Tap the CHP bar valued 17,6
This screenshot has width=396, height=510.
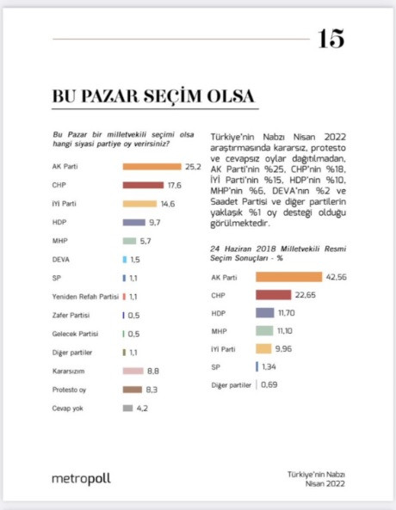pyautogui.click(x=143, y=185)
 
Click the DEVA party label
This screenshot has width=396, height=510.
pyautogui.click(x=62, y=259)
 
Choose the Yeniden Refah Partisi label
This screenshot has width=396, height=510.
pyautogui.click(x=85, y=296)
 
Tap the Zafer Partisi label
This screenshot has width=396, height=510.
pyautogui.click(x=72, y=315)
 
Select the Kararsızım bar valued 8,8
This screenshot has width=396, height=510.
pyautogui.click(x=132, y=371)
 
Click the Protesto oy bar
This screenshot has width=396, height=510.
pyautogui.click(x=132, y=390)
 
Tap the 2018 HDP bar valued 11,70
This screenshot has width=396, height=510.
pyautogui.click(x=272, y=313)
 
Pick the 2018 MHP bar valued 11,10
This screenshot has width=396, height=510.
pyautogui.click(x=271, y=331)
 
